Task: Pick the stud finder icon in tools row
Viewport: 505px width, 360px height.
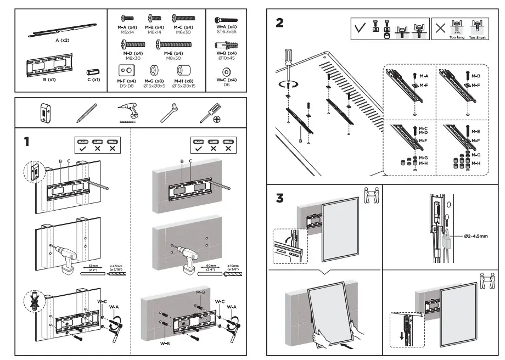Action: (x=44, y=113)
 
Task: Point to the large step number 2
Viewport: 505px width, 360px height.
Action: (x=280, y=23)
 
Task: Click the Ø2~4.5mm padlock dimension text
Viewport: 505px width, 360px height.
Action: (x=475, y=236)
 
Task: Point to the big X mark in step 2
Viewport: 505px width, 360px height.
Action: (x=440, y=28)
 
